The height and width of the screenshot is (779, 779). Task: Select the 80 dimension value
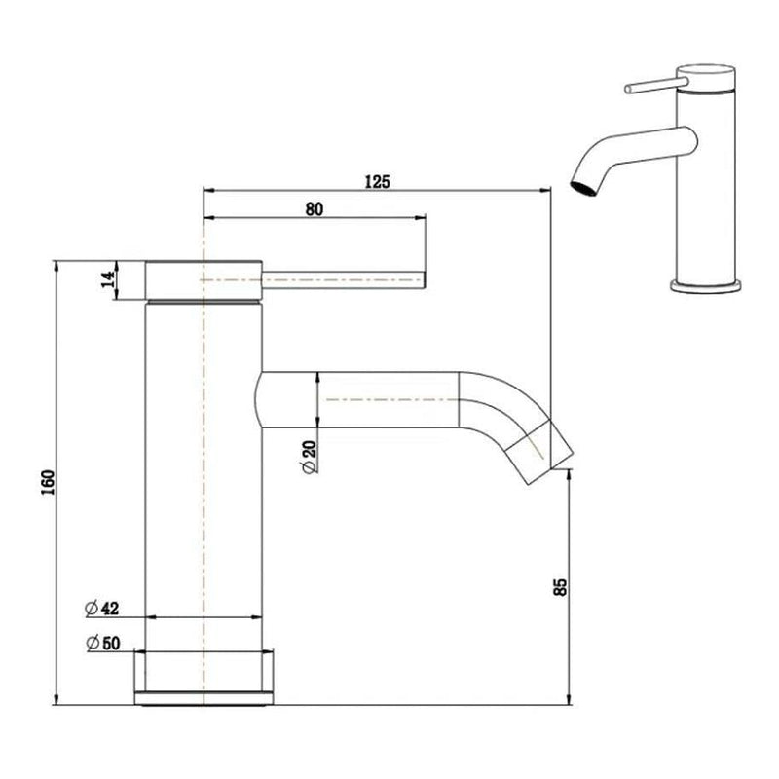[x=313, y=208]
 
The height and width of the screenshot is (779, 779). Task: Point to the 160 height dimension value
[x=50, y=482]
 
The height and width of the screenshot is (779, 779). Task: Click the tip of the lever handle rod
[x=423, y=281]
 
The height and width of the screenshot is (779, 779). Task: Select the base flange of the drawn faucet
[x=204, y=672]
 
